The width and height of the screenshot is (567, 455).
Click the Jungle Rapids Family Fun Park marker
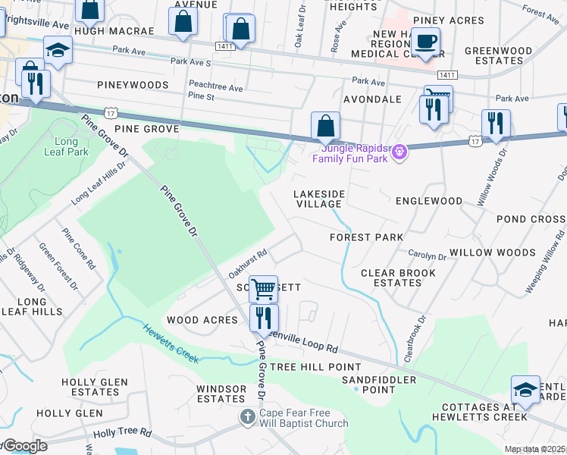pos(401,152)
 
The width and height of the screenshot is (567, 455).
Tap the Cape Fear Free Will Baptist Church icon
pos(248,417)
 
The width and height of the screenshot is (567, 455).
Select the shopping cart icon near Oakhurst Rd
pos(263,288)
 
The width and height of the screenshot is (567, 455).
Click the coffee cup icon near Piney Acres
pos(426,41)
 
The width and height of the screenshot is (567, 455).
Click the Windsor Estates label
pos(221,394)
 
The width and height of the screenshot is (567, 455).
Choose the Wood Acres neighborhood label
pos(202,320)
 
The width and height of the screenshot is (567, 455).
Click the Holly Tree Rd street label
pos(122,434)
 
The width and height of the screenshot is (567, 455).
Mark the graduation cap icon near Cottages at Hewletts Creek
pos(525,388)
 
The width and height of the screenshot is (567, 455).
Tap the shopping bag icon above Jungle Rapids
pos(325,126)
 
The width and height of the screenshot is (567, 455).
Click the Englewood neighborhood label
pos(429,201)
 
